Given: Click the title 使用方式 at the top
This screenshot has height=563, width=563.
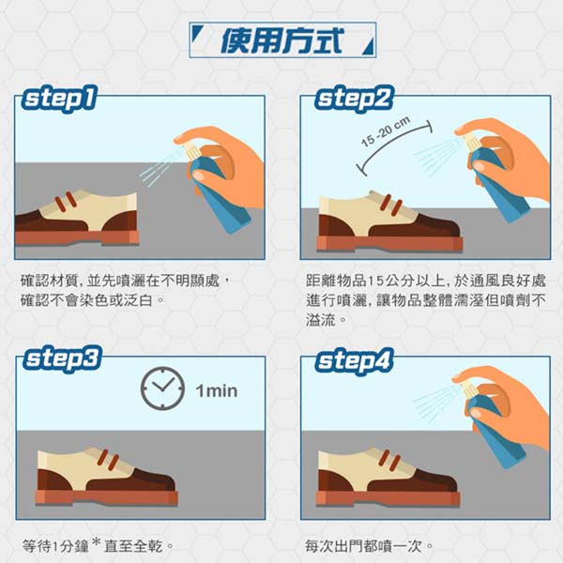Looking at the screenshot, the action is (x=282, y=40).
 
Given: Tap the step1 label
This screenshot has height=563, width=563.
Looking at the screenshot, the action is (x=60, y=99).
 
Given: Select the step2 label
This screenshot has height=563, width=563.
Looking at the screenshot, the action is (x=354, y=99).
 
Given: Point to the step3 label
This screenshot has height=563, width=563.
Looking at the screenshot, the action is (x=63, y=358).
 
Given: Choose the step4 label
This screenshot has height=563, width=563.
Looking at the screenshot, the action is (x=354, y=360).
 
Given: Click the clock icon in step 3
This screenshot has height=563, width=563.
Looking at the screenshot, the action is (x=162, y=388).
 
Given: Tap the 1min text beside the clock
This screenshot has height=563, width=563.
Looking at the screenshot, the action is (x=217, y=390).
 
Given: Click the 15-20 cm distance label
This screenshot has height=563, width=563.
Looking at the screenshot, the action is (x=386, y=131).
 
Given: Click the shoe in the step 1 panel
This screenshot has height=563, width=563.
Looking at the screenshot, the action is (x=77, y=219).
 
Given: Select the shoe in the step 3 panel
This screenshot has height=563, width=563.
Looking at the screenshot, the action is (x=107, y=476).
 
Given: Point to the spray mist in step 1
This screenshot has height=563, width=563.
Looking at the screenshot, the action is (x=160, y=168).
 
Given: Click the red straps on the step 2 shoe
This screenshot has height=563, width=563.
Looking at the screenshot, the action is (x=391, y=205).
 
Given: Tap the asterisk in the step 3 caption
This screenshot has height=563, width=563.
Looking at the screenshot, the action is (x=96, y=541).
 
